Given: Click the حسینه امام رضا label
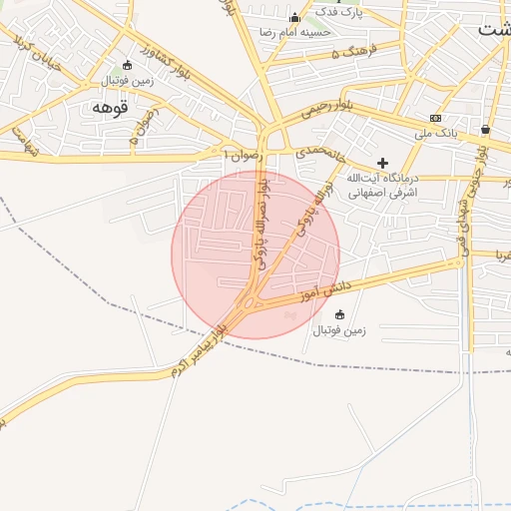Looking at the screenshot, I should point(294,33).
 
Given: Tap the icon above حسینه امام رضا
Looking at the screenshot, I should point(294,18).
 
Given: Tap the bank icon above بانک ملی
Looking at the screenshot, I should point(435,118).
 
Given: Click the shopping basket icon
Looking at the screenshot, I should point(485,129).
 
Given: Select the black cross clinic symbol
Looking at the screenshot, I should point(381,162).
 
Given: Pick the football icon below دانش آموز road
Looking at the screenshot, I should point(339,315).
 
